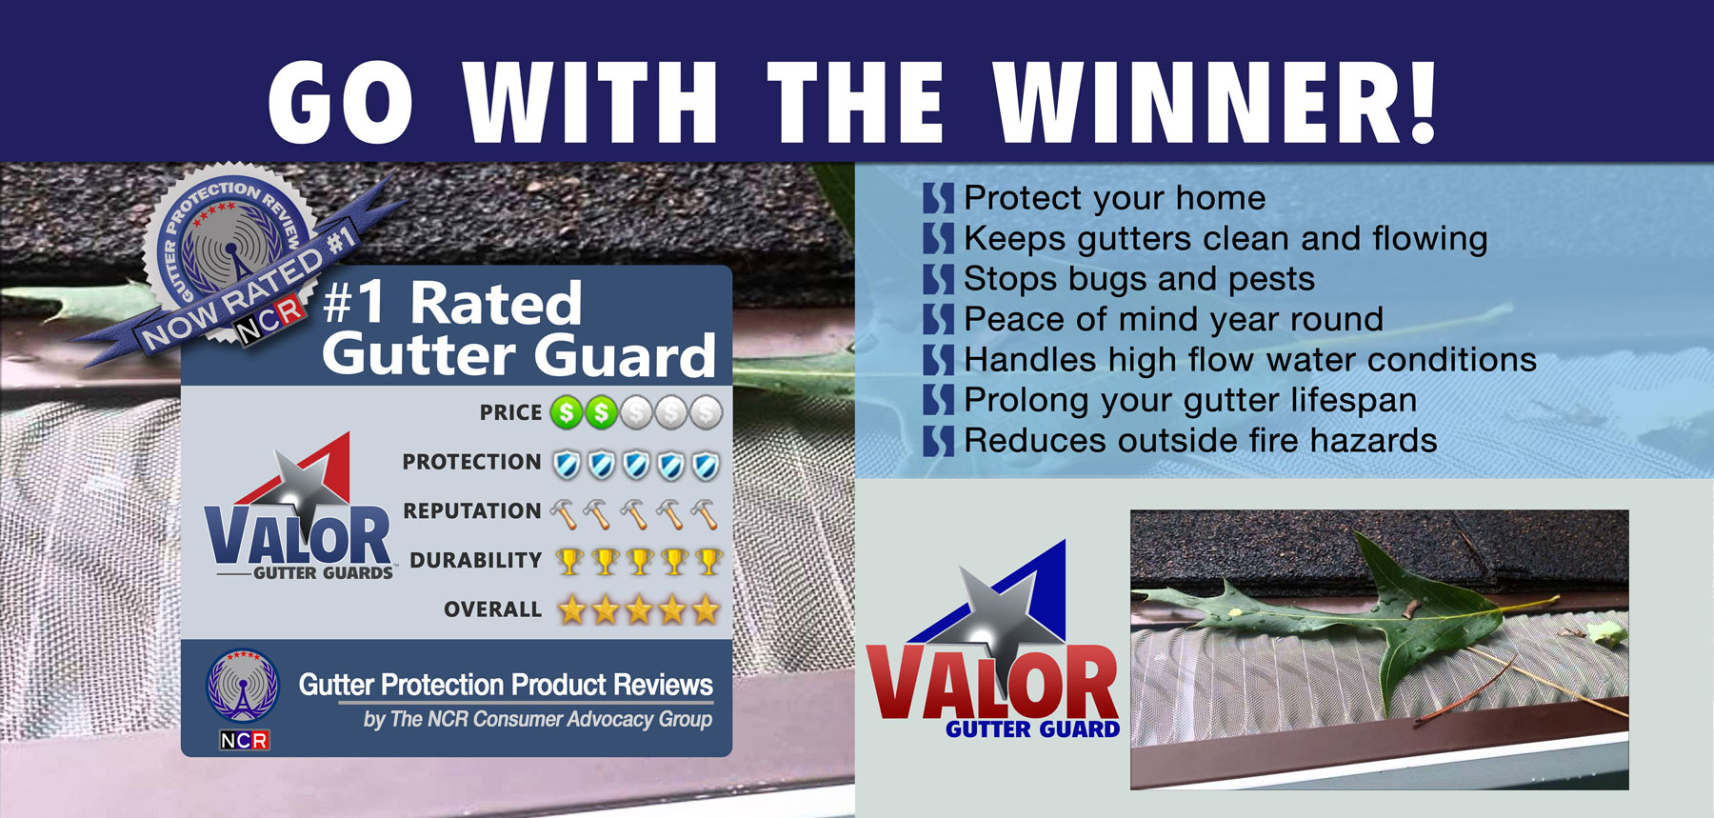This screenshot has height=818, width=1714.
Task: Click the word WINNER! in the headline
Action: (1215, 102)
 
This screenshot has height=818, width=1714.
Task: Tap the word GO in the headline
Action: (341, 102)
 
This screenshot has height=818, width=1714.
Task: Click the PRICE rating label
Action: (510, 412)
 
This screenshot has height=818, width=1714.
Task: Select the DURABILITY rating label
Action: (475, 560)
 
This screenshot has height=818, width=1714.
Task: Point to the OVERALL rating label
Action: (492, 609)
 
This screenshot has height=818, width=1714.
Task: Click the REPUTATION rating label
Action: (472, 510)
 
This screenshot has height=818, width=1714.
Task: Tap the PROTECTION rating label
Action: (471, 462)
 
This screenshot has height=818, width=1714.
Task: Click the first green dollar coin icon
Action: (568, 412)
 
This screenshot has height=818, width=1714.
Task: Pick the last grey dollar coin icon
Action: (706, 412)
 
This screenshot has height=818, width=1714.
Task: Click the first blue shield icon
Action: (567, 465)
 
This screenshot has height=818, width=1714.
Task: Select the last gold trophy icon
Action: (708, 562)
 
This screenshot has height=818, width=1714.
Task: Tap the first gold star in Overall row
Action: (571, 609)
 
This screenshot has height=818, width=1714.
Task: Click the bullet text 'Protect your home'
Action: (1115, 198)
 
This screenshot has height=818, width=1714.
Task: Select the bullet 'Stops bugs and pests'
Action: (1139, 279)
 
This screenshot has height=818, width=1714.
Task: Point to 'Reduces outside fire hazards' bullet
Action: (1201, 441)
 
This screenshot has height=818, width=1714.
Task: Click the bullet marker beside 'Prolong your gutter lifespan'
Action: (938, 401)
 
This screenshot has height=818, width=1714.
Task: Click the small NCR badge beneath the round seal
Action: (245, 740)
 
